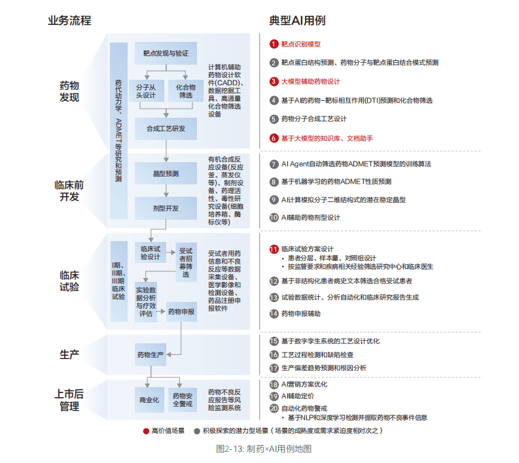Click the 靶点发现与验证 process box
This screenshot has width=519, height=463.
pos(166,53)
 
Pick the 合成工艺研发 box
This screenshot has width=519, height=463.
pos(166,128)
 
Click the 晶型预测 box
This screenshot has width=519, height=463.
pos(166,173)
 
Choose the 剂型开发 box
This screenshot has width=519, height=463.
pos(166,208)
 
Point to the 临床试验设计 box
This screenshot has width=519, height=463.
pos(150,252)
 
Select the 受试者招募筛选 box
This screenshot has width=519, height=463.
pos(186,261)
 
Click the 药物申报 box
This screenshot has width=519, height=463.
pos(181,312)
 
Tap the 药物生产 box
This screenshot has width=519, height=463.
pos(151,354)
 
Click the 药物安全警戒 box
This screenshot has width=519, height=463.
pos(186,400)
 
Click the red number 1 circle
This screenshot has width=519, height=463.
pos(274,44)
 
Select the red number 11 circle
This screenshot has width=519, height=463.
pos(274,249)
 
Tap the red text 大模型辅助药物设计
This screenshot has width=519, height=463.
pos(311,82)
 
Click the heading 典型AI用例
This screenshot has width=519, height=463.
pos(297,21)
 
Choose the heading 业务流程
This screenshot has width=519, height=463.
pos(69,20)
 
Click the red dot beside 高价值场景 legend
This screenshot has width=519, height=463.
pos(146,431)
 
